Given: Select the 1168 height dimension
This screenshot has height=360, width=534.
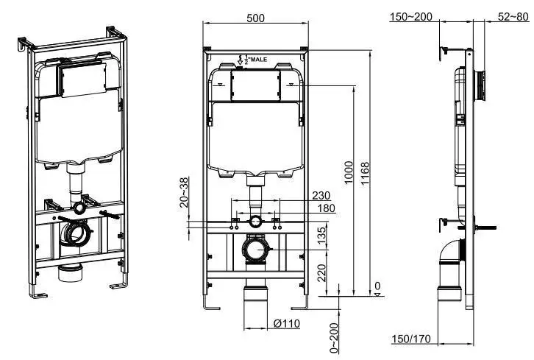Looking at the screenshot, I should (366, 171).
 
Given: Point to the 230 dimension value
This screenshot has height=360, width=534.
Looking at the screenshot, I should (321, 196).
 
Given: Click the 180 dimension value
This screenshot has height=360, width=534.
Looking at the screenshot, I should (326, 208).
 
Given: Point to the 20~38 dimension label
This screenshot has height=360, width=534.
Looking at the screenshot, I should (184, 193).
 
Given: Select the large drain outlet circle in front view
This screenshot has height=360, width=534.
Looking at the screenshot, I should (255, 249).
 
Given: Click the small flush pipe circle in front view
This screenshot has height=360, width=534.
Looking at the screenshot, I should (255, 221).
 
